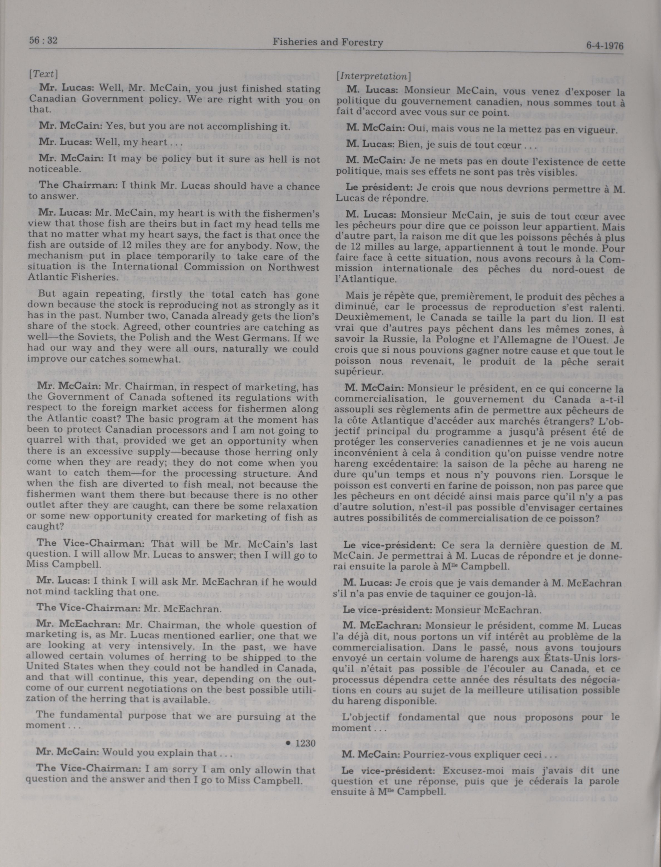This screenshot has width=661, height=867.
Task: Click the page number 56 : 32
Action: [43, 41]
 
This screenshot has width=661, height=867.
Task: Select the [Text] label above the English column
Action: [43, 74]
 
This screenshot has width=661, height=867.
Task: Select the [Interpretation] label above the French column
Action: [373, 76]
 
